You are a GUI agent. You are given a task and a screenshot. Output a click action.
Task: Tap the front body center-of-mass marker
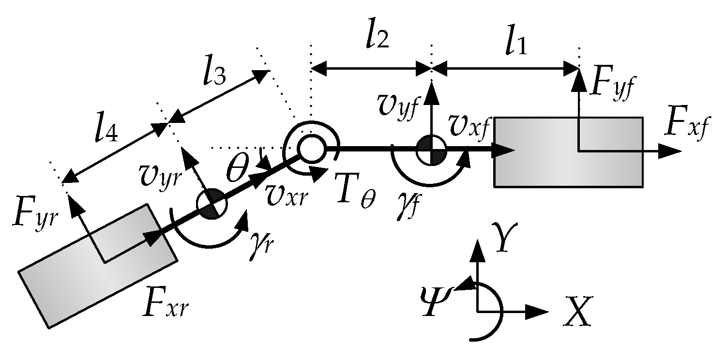point(431,150)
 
